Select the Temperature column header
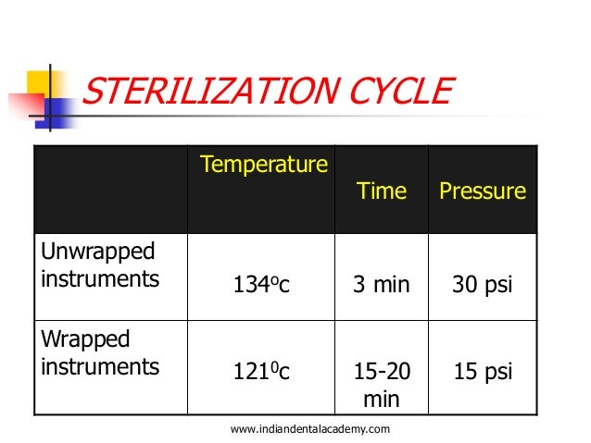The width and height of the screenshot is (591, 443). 263,166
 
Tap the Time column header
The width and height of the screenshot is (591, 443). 381,191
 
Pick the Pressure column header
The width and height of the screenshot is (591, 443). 482,191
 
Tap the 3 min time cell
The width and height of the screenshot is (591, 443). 381,285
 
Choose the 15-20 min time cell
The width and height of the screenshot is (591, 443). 381,385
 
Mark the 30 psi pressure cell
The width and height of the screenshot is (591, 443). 482,285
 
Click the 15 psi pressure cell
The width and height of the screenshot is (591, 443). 482,373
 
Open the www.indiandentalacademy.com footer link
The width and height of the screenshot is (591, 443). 308,428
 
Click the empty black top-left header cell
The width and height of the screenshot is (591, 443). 110,190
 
